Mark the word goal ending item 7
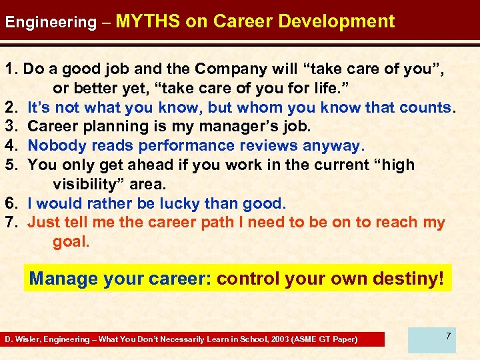coord(71,242)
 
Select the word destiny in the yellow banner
coord(407,278)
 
